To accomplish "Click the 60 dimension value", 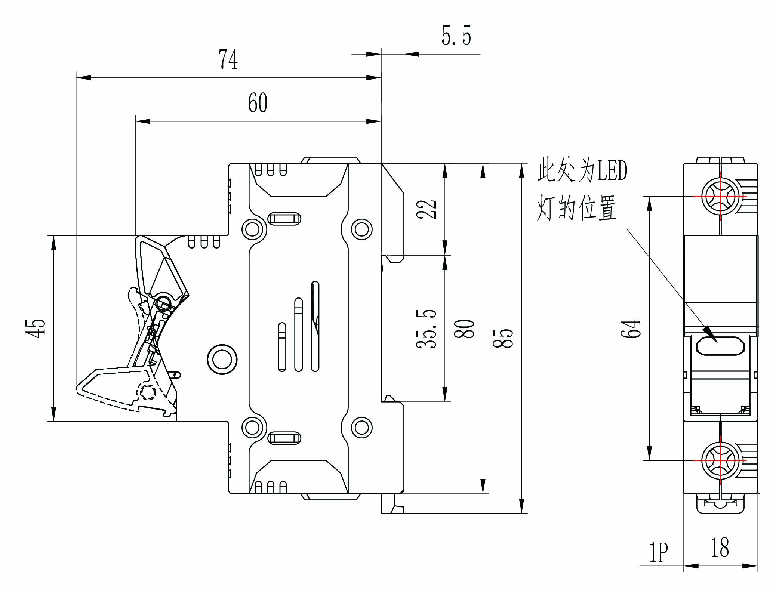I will (258, 104).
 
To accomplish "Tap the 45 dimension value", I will (36, 329).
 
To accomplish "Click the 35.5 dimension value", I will (427, 329).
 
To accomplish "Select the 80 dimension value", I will (465, 329).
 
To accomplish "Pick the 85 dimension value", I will (503, 338).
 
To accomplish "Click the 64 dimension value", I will (631, 329).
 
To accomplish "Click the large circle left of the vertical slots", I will (222, 359).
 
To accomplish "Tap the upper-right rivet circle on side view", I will (361, 229).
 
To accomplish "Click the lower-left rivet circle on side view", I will (252, 428).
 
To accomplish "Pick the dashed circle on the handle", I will (147, 392).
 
